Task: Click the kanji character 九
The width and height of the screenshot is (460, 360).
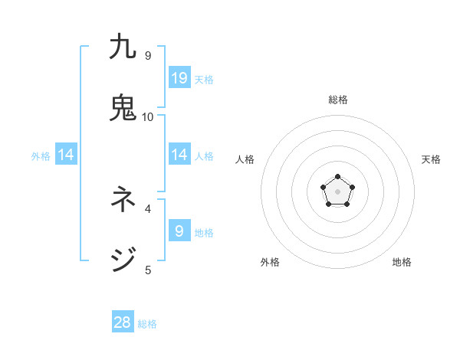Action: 123,47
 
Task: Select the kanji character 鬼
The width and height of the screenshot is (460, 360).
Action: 123,108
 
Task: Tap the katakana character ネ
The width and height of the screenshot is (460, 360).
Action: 123,200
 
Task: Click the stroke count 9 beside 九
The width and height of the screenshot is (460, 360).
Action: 148,56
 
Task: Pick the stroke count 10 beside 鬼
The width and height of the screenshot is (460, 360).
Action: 148,117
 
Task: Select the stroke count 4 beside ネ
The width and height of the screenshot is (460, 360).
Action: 148,208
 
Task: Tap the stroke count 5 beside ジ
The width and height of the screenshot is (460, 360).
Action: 148,270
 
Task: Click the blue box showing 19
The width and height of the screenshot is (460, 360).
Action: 179,77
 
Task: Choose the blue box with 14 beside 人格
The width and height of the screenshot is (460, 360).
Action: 179,154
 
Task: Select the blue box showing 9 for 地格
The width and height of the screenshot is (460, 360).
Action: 179,231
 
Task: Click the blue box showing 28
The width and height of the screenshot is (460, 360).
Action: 123,322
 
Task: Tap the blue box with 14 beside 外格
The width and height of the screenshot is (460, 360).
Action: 66,155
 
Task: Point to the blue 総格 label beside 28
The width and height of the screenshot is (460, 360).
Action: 147,324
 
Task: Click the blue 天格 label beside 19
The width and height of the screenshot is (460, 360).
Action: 204,79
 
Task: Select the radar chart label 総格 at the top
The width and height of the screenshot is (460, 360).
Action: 338,100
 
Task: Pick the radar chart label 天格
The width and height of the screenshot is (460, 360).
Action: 431,159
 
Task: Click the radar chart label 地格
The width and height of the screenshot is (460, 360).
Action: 402,262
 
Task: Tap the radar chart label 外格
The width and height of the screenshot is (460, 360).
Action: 270,262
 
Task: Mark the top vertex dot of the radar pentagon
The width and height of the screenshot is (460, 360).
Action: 338,177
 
